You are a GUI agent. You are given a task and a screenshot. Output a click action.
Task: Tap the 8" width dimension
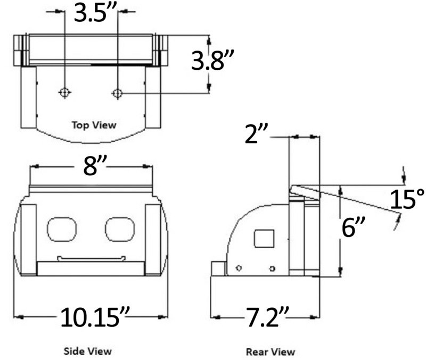[91, 168]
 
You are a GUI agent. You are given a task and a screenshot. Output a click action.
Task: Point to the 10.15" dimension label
[92, 317]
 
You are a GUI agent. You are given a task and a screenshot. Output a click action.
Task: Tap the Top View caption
[94, 125]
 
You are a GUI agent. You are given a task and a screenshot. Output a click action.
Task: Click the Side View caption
[88, 351]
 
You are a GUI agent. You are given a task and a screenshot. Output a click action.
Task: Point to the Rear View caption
[270, 351]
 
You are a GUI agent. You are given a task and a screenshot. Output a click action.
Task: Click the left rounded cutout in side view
[62, 228]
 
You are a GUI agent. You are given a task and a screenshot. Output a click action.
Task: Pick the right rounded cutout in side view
[120, 228]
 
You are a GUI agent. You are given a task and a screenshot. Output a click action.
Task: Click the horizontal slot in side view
[92, 259]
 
